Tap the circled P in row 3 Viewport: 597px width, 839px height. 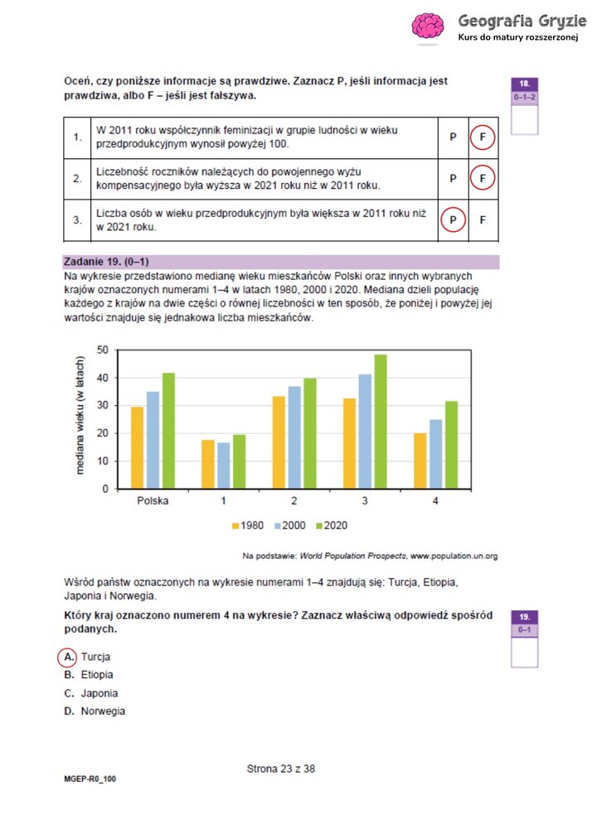click(453, 220)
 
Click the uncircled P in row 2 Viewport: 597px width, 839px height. click(453, 178)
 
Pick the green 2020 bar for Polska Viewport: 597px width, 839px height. click(168, 431)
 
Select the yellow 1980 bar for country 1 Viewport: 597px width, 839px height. click(208, 464)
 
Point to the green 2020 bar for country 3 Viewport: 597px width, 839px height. click(381, 422)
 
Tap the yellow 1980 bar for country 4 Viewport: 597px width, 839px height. click(420, 460)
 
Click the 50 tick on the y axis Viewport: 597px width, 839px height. click(103, 350)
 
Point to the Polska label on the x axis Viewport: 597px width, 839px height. click(153, 502)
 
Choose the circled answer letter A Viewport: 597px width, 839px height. click(67, 657)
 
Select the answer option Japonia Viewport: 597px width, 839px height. click(99, 693)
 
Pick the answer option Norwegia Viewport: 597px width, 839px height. click(103, 711)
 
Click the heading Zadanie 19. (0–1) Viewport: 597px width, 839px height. click(107, 261)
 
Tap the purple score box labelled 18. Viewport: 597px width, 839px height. click(524, 84)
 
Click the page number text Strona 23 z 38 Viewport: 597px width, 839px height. click(281, 769)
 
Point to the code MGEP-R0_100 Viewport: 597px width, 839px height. click(90, 779)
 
